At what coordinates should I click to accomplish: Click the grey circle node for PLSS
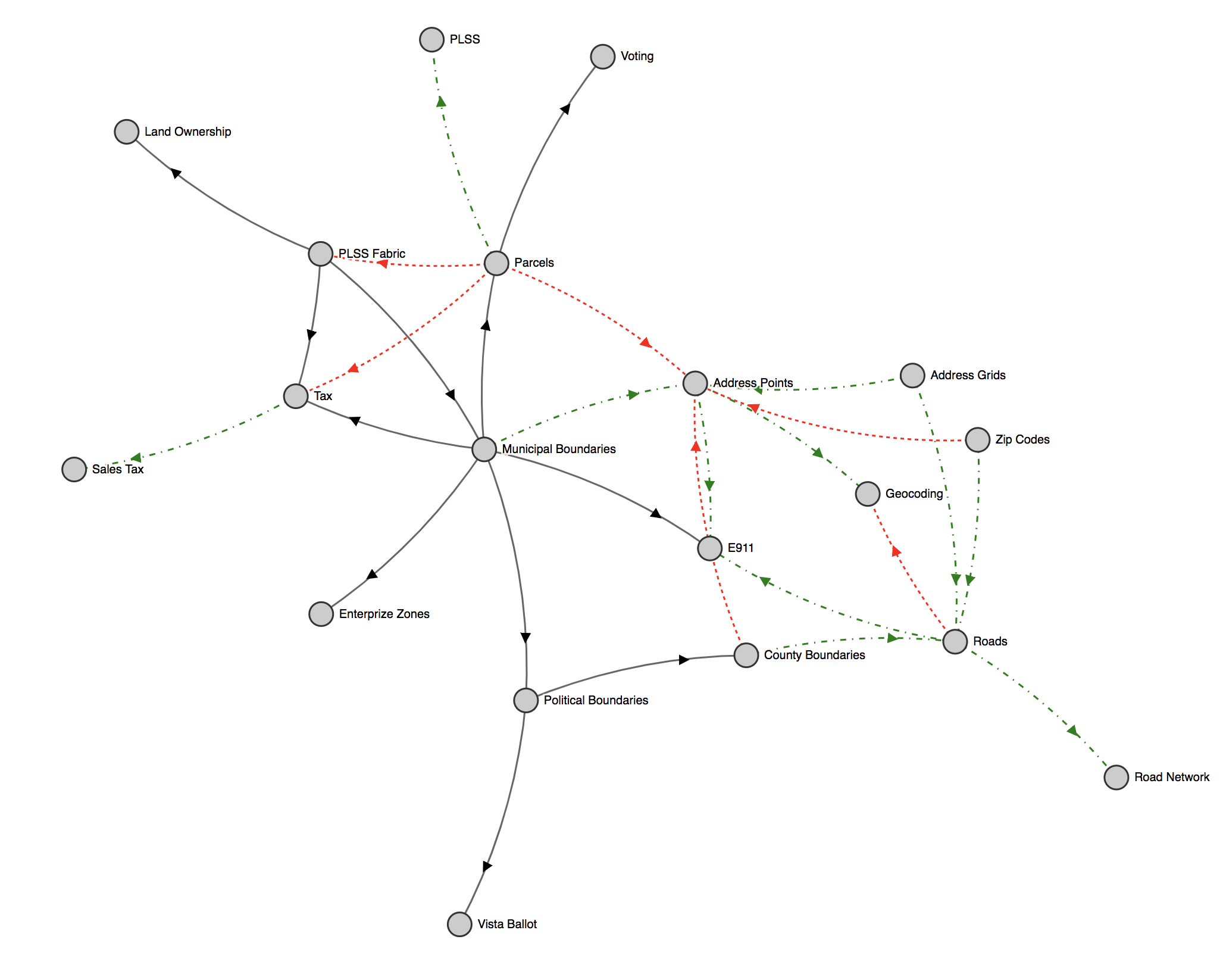[431, 40]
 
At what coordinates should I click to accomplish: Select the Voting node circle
[602, 57]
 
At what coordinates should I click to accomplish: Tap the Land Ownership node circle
[126, 132]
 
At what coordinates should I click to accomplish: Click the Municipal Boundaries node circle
[484, 449]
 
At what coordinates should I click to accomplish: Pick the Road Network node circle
[1116, 777]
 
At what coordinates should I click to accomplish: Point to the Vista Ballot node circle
[459, 924]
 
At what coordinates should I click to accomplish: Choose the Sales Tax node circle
[74, 469]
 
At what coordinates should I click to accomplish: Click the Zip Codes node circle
[977, 440]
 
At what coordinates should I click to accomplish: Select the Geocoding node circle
[867, 494]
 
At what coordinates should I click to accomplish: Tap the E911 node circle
[709, 548]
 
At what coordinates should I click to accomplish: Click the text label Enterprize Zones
[384, 614]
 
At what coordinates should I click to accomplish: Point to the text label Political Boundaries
[596, 700]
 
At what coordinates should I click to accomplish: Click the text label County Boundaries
[814, 655]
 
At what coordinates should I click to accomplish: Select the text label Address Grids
[968, 375]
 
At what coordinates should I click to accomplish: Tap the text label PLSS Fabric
[371, 254]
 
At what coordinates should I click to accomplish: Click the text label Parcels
[534, 263]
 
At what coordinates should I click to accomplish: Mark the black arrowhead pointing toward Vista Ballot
[487, 866]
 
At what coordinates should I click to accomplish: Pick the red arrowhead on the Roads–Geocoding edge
[896, 551]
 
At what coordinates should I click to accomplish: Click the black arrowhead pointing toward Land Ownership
[176, 173]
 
